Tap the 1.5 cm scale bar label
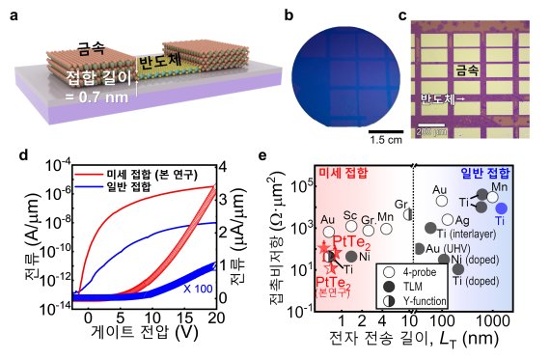(x=386, y=140)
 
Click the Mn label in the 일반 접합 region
(x=500, y=186)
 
